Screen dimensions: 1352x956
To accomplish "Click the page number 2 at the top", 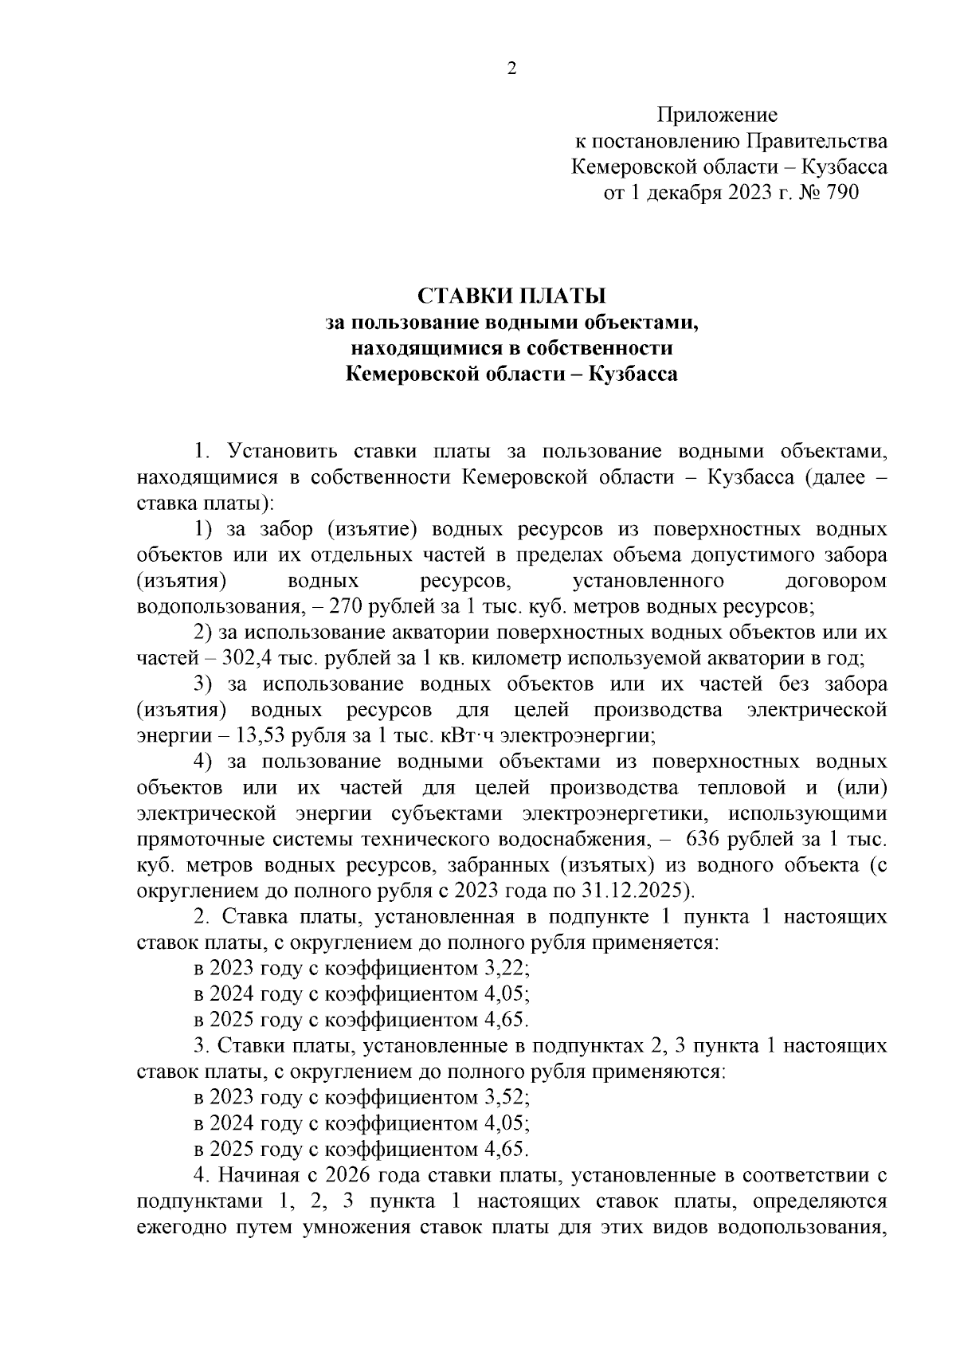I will tap(512, 69).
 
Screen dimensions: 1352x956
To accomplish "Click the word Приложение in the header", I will tap(717, 116).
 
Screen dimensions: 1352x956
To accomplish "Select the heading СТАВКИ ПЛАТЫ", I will tap(512, 296).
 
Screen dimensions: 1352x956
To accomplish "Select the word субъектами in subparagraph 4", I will tap(453, 813).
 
